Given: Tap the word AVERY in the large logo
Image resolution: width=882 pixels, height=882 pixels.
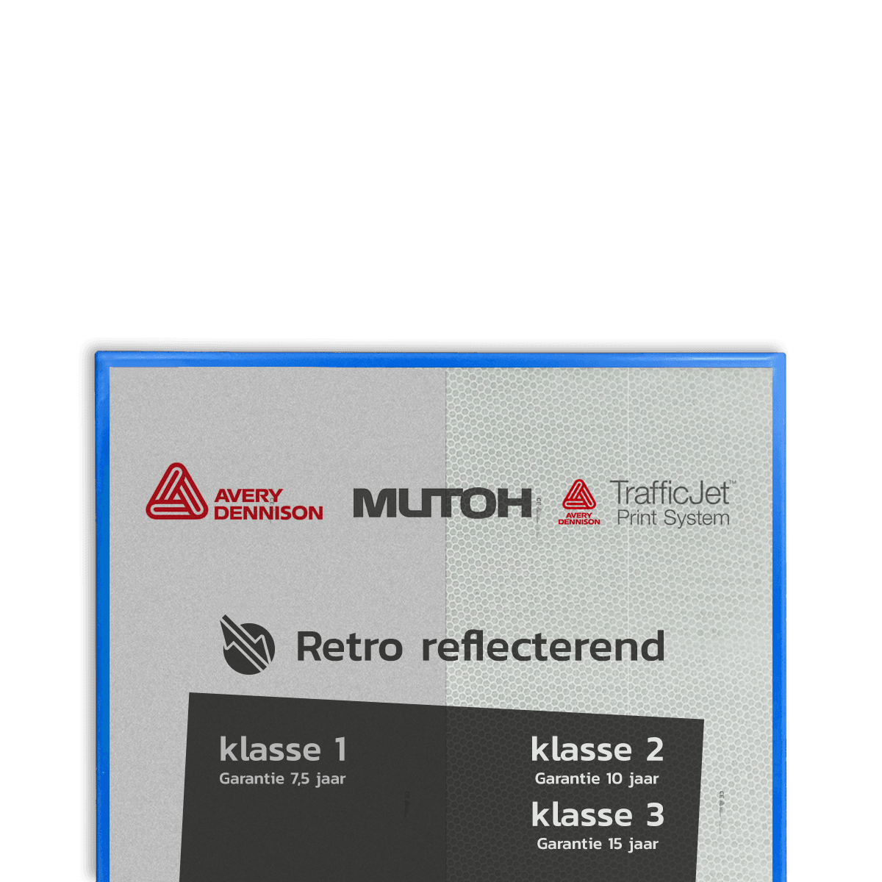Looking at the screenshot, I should coord(248,496).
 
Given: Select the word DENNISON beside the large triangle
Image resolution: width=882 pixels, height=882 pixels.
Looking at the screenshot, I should coord(268,513).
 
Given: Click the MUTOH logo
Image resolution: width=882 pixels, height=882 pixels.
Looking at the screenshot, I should coord(442,503).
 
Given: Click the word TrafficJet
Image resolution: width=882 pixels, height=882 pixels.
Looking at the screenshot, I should coord(670,492).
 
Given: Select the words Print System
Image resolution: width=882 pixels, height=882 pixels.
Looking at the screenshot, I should coord(673,518).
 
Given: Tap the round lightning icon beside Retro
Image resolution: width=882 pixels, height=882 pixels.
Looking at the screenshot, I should coord(248,645).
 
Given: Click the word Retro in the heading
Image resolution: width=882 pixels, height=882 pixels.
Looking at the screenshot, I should coord(349,647).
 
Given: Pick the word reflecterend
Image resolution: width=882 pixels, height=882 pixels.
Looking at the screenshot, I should coord(543,647).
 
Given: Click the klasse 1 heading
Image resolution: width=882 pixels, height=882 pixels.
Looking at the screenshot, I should coord(283,750).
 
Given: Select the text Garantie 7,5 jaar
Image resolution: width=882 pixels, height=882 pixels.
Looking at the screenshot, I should coord(282,779).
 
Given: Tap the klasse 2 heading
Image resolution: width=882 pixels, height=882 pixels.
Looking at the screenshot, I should coord(597,750).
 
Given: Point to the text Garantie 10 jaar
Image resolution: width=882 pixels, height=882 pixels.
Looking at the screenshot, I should coord(597,779).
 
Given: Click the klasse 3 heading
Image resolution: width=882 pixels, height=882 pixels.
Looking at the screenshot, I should coord(598,815).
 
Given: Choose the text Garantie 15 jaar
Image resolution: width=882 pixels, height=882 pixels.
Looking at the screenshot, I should coord(598,845).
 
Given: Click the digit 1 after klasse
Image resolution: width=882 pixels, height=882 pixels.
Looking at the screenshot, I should coord(340,750).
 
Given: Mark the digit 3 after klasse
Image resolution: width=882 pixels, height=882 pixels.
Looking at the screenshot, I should coord(655,815).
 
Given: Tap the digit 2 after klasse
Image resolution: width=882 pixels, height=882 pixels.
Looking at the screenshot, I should coord(655,750).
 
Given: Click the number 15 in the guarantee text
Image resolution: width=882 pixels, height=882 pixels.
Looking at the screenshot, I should coord(614,845).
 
